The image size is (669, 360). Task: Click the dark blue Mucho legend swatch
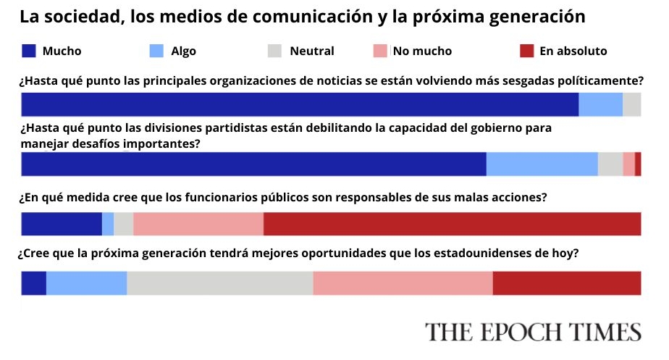(28, 51)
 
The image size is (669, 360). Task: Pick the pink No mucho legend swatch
(381, 51)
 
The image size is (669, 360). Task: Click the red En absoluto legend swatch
(527, 51)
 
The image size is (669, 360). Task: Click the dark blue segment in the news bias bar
(300, 104)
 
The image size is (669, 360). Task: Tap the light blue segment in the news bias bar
(601, 104)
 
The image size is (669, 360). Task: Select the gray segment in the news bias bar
(632, 104)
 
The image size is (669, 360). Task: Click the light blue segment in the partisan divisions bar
(542, 164)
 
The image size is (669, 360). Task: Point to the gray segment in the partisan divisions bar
(610, 164)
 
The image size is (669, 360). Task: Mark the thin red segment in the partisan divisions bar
(638, 164)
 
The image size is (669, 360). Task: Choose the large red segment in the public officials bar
(452, 224)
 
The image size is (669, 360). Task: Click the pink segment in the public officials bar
(198, 224)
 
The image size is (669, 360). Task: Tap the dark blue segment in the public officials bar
(62, 224)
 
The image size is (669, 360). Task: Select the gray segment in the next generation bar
(220, 283)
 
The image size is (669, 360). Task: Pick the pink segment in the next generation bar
(403, 283)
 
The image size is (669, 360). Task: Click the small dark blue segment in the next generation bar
(34, 283)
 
